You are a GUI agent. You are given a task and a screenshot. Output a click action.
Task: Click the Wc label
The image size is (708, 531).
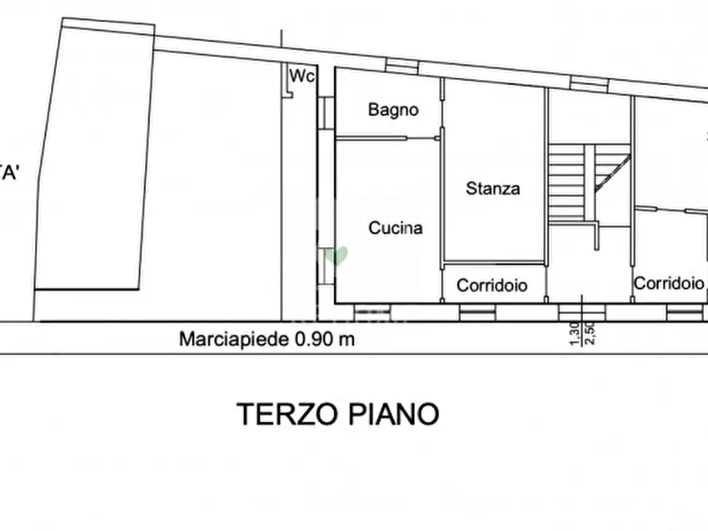pos(302,76)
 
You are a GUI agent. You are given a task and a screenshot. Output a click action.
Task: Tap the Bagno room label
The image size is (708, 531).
pos(392,110)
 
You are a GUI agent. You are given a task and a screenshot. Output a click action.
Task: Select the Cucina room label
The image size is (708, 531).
pos(396,228)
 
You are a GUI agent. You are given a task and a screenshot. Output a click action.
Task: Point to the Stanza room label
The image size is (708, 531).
pos(493,189)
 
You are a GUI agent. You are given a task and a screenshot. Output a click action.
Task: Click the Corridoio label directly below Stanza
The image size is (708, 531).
pos(492,285)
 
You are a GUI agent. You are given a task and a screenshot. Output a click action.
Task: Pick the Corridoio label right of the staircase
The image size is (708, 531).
pos(668,283)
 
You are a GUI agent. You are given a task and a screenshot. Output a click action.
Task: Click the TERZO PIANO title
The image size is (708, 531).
pos(339,414)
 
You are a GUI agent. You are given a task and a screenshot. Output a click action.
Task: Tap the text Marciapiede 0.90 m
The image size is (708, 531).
pos(266,340)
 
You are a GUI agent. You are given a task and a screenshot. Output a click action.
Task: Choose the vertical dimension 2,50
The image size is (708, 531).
pos(589,334)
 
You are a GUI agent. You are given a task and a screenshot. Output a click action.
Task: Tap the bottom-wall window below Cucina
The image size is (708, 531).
pos(371,311)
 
